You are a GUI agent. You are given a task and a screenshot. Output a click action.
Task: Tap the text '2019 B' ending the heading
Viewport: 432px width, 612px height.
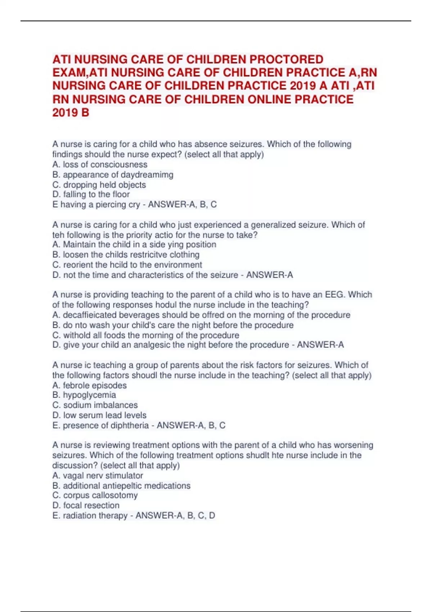[71, 113]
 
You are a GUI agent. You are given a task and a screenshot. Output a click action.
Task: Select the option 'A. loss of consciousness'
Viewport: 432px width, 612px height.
[100, 165]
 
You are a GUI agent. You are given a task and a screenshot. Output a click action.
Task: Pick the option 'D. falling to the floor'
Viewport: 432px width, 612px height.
[91, 194]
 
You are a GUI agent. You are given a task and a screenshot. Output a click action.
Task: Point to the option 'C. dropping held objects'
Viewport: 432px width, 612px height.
[99, 185]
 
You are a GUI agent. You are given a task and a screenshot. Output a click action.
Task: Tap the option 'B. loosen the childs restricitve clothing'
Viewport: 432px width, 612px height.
[126, 255]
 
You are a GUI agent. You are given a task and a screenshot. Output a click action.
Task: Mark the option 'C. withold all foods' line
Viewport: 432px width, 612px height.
[145, 335]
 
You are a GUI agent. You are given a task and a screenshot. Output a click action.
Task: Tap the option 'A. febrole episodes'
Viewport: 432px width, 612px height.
[89, 385]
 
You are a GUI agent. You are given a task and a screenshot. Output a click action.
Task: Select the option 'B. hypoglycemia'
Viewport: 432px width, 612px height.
[84, 395]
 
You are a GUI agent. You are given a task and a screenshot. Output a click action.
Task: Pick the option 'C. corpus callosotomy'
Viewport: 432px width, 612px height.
[95, 495]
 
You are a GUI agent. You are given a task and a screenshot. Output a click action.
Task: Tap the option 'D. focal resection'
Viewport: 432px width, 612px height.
[86, 505]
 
